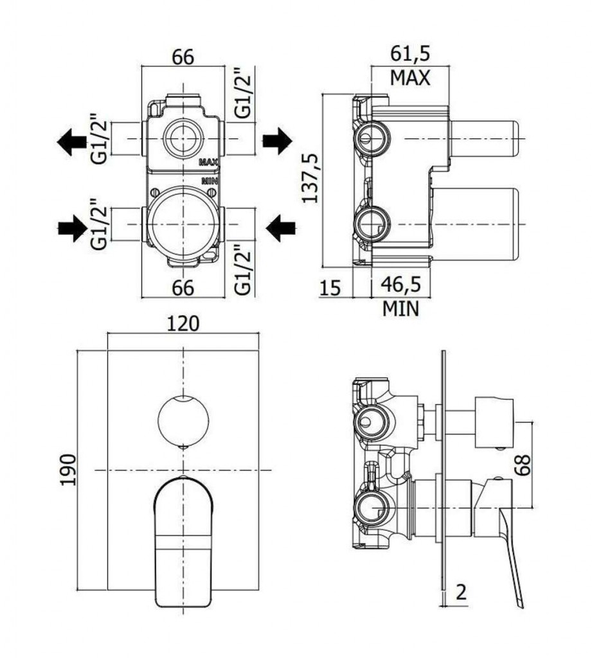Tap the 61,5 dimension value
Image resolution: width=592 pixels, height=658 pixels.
coord(411,54)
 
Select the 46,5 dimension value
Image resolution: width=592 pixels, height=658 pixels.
coord(400,285)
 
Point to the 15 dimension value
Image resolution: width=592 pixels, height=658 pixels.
coord(331,288)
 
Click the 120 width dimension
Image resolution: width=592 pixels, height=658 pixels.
coord(183,324)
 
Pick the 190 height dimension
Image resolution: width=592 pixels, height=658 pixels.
coord(68,470)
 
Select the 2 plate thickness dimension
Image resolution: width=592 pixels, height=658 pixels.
coord(461,592)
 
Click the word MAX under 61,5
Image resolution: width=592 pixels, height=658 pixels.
coord(410,78)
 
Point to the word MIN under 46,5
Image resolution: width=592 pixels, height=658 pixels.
coord(400,309)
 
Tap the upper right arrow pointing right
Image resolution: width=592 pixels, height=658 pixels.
coord(277,141)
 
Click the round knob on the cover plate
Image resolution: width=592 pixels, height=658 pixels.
coord(183,421)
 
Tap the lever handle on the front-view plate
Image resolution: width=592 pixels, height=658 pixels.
coord(183,541)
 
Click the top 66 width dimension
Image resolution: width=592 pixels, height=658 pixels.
coord(183,57)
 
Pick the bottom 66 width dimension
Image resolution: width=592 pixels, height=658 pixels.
coord(183,288)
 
